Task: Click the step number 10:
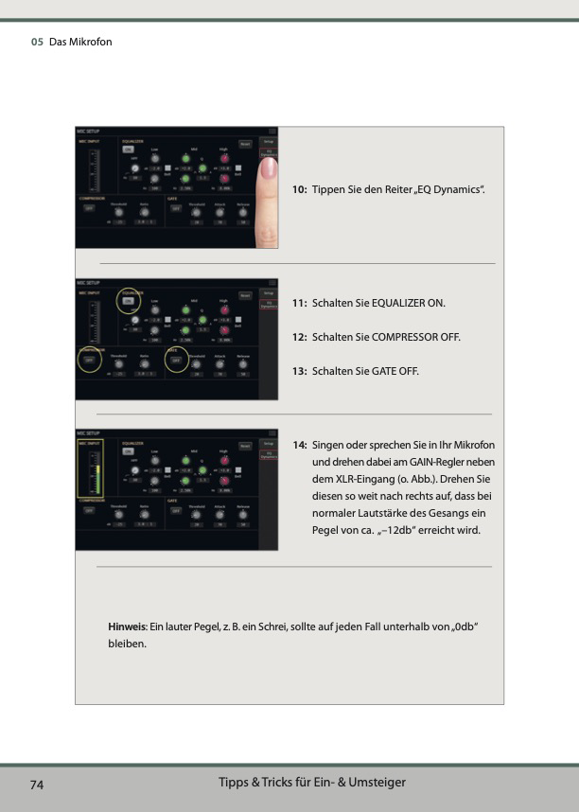point(298,191)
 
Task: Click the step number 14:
point(298,445)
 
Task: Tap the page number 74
point(37,785)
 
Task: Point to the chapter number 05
point(37,42)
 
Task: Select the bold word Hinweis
point(126,627)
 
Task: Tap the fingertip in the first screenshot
point(269,170)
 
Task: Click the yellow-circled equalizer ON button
point(127,301)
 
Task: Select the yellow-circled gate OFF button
point(176,359)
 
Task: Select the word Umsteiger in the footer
point(377,782)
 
